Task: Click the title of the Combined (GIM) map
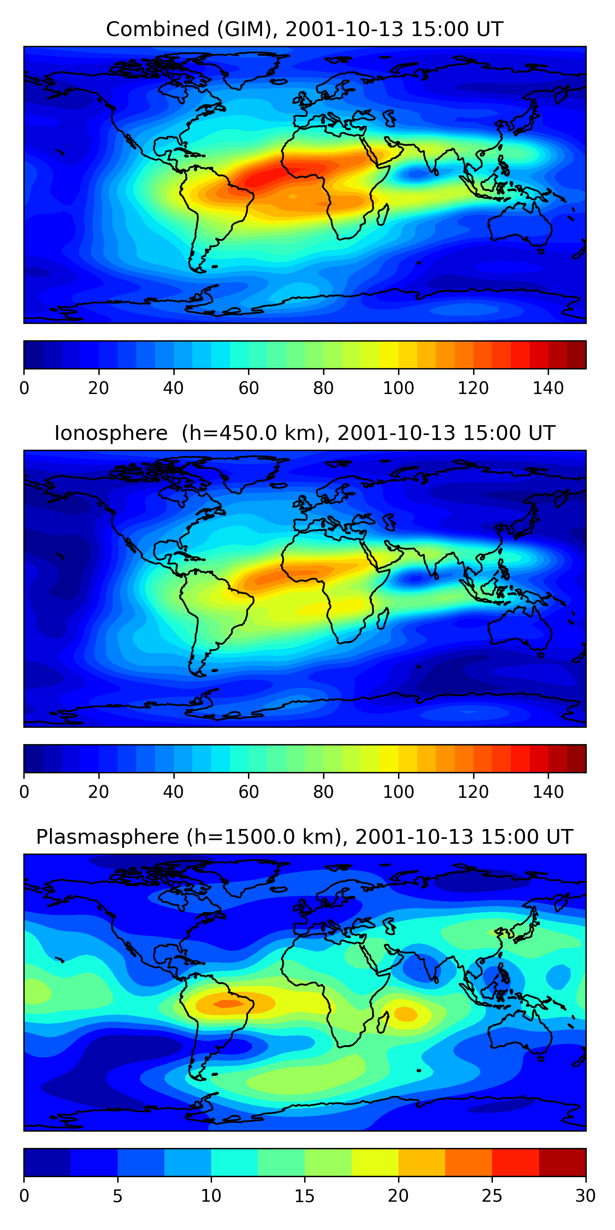pos(304,29)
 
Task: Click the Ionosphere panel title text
pos(304,433)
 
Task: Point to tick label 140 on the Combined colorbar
pos(548,388)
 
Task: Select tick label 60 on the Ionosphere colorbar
pos(248,792)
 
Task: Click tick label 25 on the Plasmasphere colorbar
pos(492,1196)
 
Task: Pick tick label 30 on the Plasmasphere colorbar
pos(585,1196)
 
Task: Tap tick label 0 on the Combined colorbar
pos(24,388)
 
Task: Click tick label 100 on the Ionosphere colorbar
pos(398,792)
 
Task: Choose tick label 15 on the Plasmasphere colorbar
pos(305,1196)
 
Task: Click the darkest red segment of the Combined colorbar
pos(576,355)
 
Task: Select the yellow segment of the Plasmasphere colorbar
pos(375,1163)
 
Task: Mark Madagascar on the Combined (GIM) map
pos(383,214)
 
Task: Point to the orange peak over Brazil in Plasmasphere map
pos(228,1004)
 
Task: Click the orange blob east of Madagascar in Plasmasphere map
pos(405,1013)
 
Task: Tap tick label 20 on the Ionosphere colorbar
pos(99,792)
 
